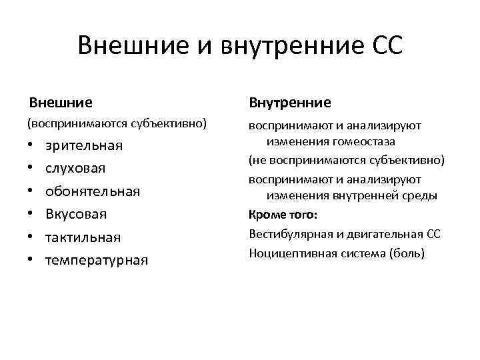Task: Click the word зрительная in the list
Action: pos(83,146)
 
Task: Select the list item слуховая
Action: pos(75,169)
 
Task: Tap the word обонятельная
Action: pos(93,191)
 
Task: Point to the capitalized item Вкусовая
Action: pos(76,215)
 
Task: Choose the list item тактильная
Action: pos(83,237)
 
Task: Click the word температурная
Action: pos(96,260)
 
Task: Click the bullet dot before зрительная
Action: pos(31,146)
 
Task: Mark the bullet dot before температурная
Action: pos(31,260)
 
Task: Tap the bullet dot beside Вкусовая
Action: pos(31,215)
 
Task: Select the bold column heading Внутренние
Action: pos(289,103)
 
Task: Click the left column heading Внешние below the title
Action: pos(61,103)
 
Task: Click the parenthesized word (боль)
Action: pos(407,253)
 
